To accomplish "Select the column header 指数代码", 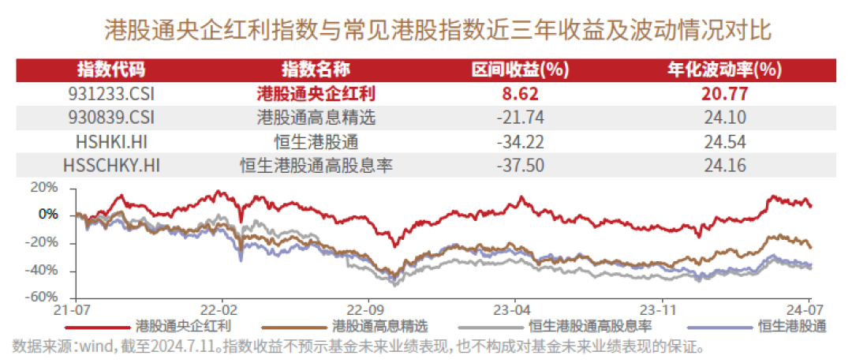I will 111,69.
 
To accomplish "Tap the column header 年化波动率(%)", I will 723,69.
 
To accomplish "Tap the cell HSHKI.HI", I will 111,142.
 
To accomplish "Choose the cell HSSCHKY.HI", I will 111,166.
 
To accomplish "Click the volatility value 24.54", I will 723,142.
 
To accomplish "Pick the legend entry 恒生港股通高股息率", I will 590,325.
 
